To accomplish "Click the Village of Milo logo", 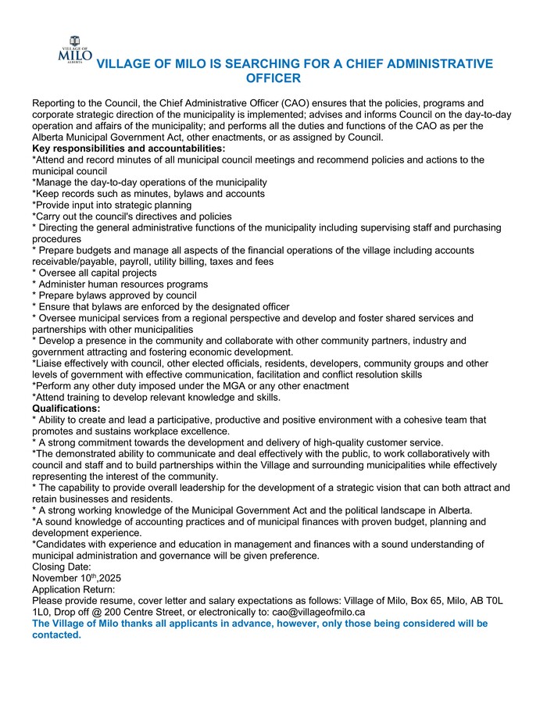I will click(x=75, y=49).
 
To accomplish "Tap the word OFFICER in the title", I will click(x=273, y=79).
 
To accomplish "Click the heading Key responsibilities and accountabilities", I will click(x=128, y=148).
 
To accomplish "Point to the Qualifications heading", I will click(x=66, y=408).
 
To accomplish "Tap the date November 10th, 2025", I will click(x=77, y=578).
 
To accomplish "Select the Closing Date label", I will click(x=62, y=567).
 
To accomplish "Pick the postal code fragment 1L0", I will click(x=41, y=612).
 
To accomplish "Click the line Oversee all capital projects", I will click(x=97, y=273).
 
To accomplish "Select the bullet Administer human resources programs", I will click(x=122, y=284).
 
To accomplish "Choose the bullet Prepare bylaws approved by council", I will click(x=116, y=295).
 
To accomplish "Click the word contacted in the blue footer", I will click(x=56, y=635).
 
